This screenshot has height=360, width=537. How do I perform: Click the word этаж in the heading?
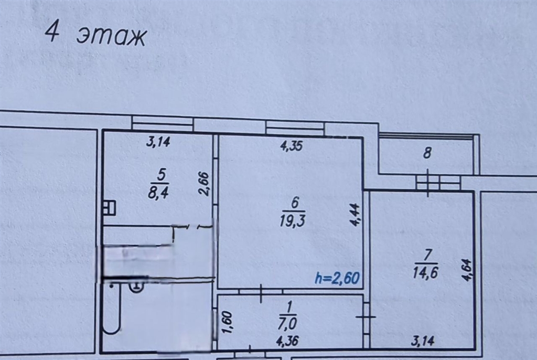112,36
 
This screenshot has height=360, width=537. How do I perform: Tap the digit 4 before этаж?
52,31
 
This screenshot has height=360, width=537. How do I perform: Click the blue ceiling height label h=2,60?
337,278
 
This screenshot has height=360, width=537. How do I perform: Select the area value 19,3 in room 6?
292,221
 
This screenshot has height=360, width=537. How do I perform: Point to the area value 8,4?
158,193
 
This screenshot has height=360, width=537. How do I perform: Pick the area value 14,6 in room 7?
425,273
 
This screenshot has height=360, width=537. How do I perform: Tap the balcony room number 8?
427,153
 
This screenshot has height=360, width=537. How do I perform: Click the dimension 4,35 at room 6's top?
292,146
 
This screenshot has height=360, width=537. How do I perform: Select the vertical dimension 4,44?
355,215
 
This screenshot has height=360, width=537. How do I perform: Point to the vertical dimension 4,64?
467,270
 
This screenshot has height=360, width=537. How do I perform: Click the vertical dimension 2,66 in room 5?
204,184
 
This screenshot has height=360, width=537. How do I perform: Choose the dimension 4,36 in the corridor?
287,341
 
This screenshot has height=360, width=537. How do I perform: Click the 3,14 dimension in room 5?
158,141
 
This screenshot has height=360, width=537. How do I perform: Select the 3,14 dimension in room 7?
423,341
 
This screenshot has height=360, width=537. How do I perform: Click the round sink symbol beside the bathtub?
137,285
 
